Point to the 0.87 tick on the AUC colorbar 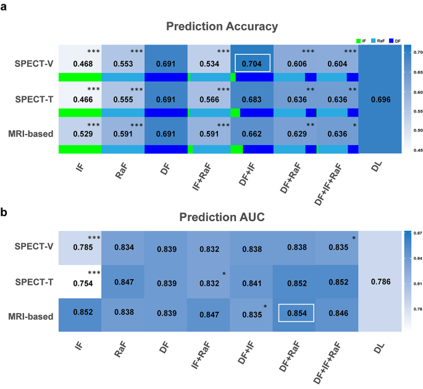click(410, 233)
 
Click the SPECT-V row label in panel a click(34, 63)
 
